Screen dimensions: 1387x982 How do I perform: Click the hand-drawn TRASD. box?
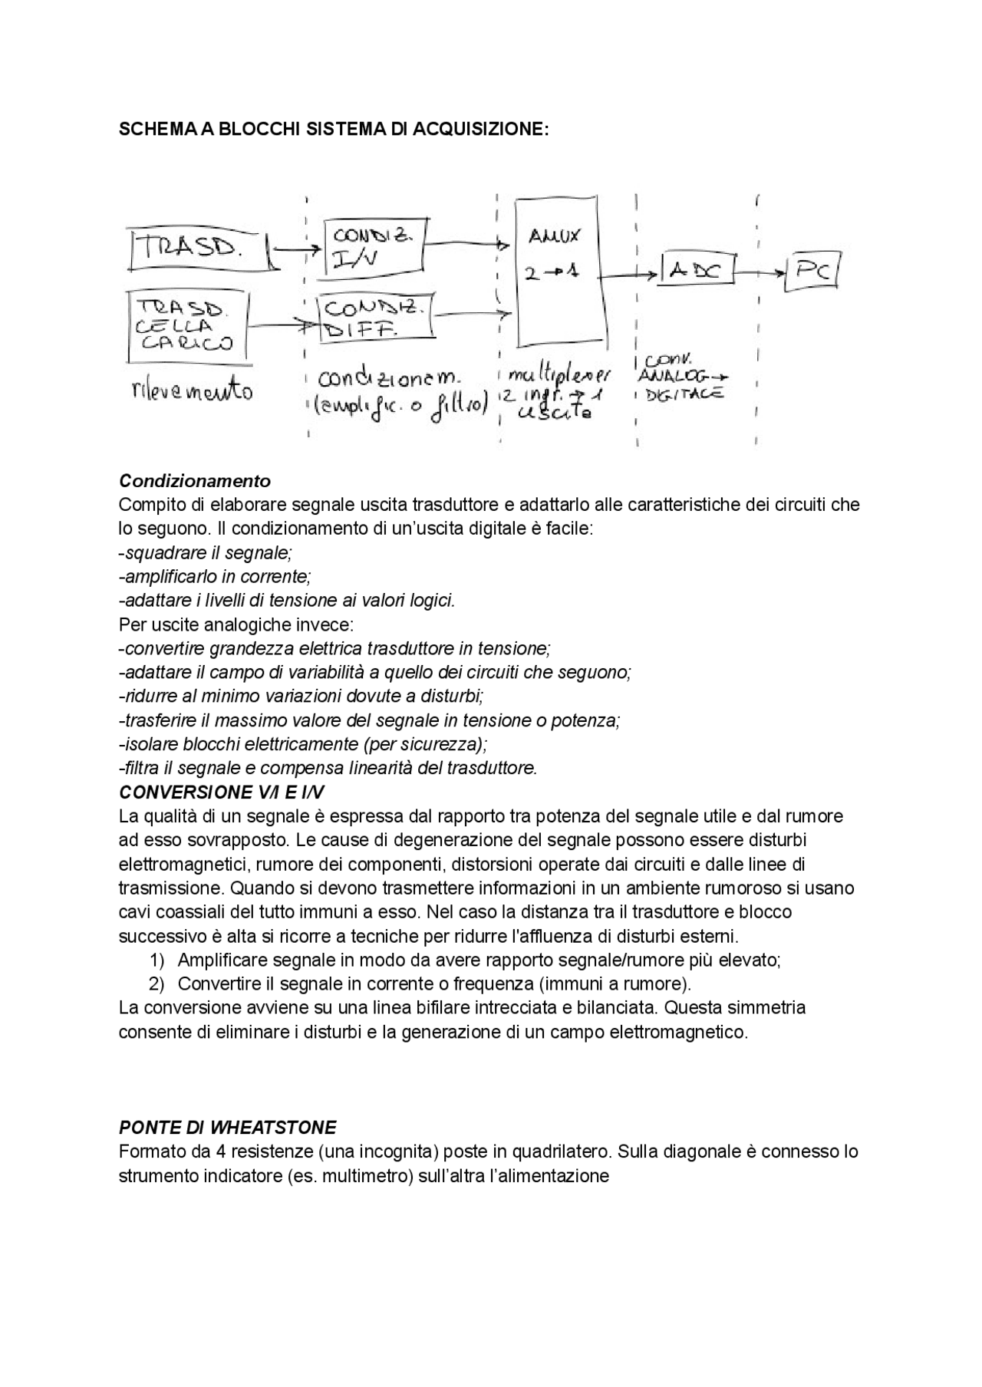pos(201,249)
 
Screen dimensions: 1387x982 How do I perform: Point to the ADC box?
pos(697,269)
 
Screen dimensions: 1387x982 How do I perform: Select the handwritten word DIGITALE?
pos(684,394)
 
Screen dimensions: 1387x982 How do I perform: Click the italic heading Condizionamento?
pos(195,481)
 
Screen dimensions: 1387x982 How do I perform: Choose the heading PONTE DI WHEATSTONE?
pos(228,1128)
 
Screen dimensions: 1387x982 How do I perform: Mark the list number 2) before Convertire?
pos(157,983)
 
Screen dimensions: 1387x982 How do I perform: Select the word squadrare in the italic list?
pos(163,552)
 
